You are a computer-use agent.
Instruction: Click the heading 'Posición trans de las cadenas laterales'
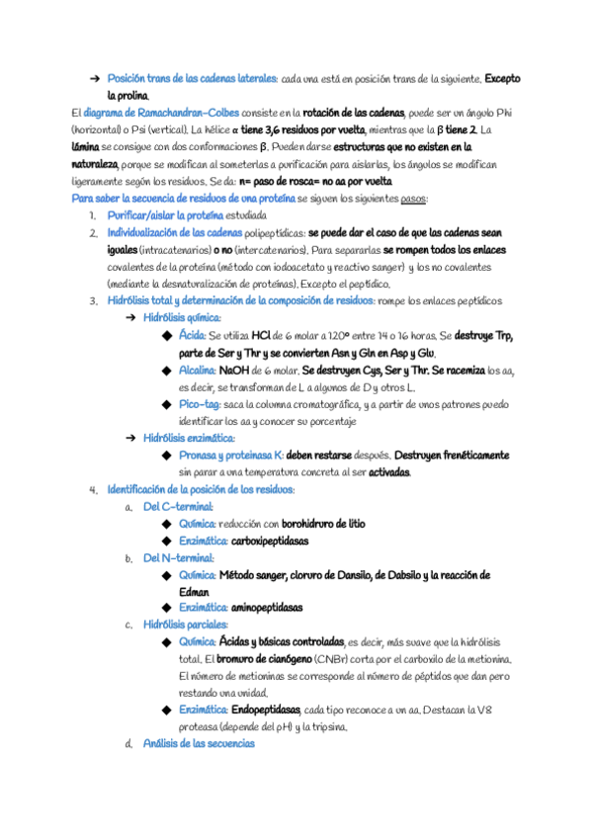[x=192, y=78]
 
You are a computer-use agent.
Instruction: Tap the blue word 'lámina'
[x=86, y=146]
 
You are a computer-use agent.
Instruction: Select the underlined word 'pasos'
[x=413, y=198]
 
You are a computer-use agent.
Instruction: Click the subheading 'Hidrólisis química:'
[x=182, y=318]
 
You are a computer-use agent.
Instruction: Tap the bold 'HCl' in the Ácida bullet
[x=261, y=336]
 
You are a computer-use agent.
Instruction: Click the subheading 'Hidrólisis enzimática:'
[x=189, y=438]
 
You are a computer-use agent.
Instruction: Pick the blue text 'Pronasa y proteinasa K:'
[x=230, y=456]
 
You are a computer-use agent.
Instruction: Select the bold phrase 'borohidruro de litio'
[x=323, y=524]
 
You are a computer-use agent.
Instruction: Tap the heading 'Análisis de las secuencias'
[x=199, y=744]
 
